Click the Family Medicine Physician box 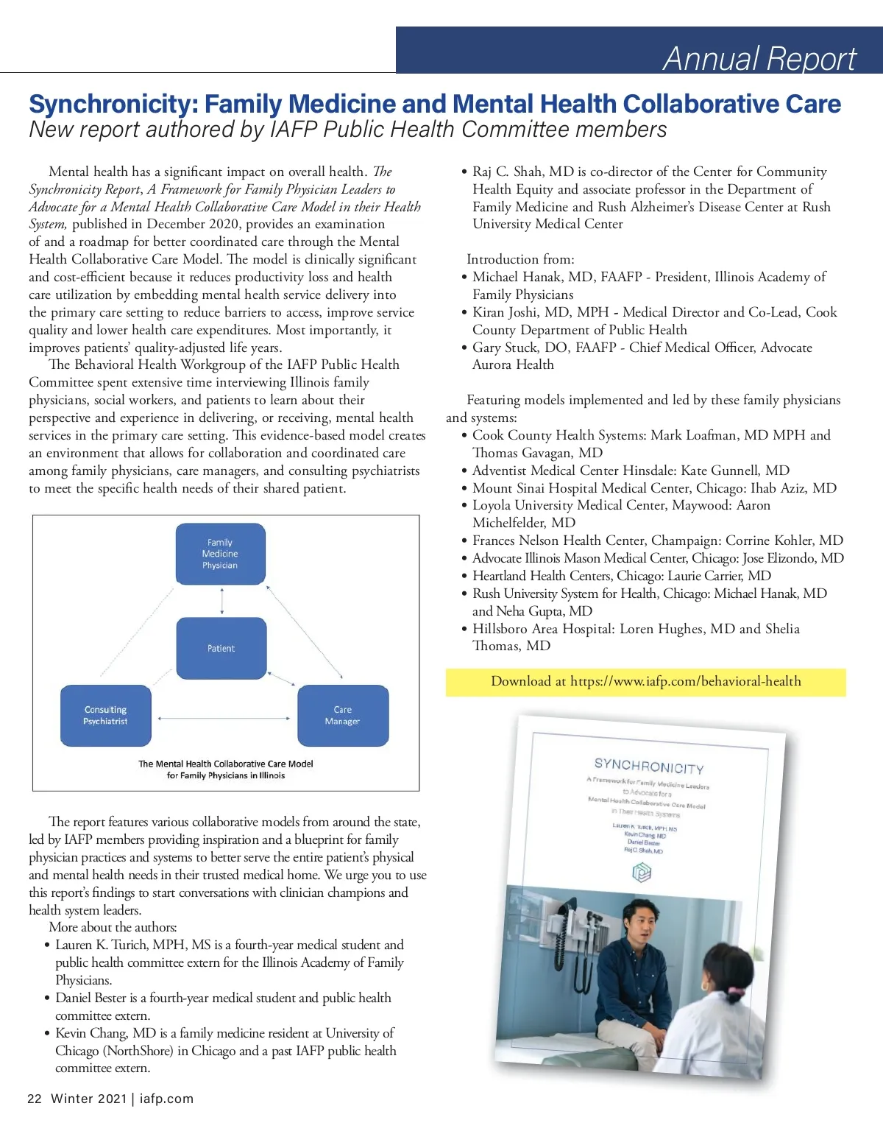[x=220, y=554]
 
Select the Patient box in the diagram [x=221, y=648]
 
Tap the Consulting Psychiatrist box [x=105, y=715]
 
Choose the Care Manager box [x=342, y=715]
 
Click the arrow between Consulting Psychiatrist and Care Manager [x=224, y=718]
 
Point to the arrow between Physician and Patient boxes [x=221, y=601]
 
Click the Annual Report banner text [x=759, y=58]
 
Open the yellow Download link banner [x=645, y=682]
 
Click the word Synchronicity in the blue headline [x=113, y=105]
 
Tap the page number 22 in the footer [x=35, y=1099]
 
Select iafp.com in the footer [x=166, y=1099]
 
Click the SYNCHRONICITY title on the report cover [x=649, y=767]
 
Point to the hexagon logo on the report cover [x=642, y=873]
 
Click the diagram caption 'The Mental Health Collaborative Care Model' [x=226, y=764]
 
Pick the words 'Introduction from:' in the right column [x=520, y=259]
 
